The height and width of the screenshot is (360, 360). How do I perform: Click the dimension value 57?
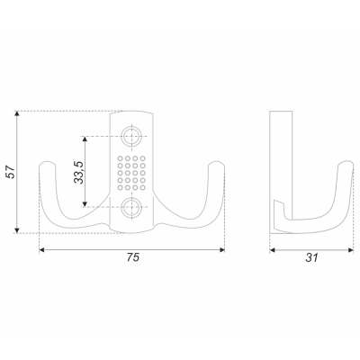click(x=11, y=172)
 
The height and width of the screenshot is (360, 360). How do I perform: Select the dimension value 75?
click(x=133, y=257)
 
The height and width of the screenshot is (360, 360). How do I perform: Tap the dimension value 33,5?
click(x=79, y=172)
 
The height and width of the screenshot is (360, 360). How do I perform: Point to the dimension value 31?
click(x=311, y=257)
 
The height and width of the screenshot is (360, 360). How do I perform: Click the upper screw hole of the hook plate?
click(x=131, y=136)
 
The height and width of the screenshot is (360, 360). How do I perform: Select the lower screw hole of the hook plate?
click(x=131, y=207)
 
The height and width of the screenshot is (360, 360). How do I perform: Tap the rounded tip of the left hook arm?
click(x=48, y=164)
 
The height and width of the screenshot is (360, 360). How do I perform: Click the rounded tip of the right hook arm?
click(x=216, y=164)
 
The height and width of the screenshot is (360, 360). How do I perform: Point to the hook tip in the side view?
click(x=346, y=163)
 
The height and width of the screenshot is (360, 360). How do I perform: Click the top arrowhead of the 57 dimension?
click(x=17, y=113)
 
